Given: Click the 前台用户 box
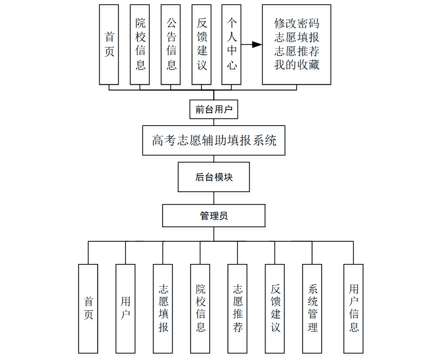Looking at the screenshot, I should tap(214, 109).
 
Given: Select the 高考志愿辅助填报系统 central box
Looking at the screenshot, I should tap(214, 140).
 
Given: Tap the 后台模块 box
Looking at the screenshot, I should tap(214, 177).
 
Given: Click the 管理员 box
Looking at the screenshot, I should tap(214, 216).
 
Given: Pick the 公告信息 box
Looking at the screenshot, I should tap(171, 44).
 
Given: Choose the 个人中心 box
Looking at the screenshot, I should tap(232, 44).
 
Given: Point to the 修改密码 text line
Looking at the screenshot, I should tap(296, 24).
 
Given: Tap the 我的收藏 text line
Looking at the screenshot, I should tap(296, 65).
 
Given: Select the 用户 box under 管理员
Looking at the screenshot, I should tap(125, 308).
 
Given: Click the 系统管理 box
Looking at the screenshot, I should tap(312, 308).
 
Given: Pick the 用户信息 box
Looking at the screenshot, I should tap(354, 308).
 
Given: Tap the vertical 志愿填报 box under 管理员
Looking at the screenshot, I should tap(163, 308).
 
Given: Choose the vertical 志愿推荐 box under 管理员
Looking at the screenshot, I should tap(238, 308).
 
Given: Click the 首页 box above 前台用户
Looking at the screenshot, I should tap(109, 44).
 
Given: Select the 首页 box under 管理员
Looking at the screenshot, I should tap(88, 308).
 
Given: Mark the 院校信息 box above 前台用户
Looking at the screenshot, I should tap(140, 44).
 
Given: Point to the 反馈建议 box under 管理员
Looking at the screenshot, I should tap(275, 308).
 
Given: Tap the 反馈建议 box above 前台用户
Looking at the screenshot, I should tap(201, 44).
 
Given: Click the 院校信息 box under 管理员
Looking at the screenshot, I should tap(200, 308).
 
